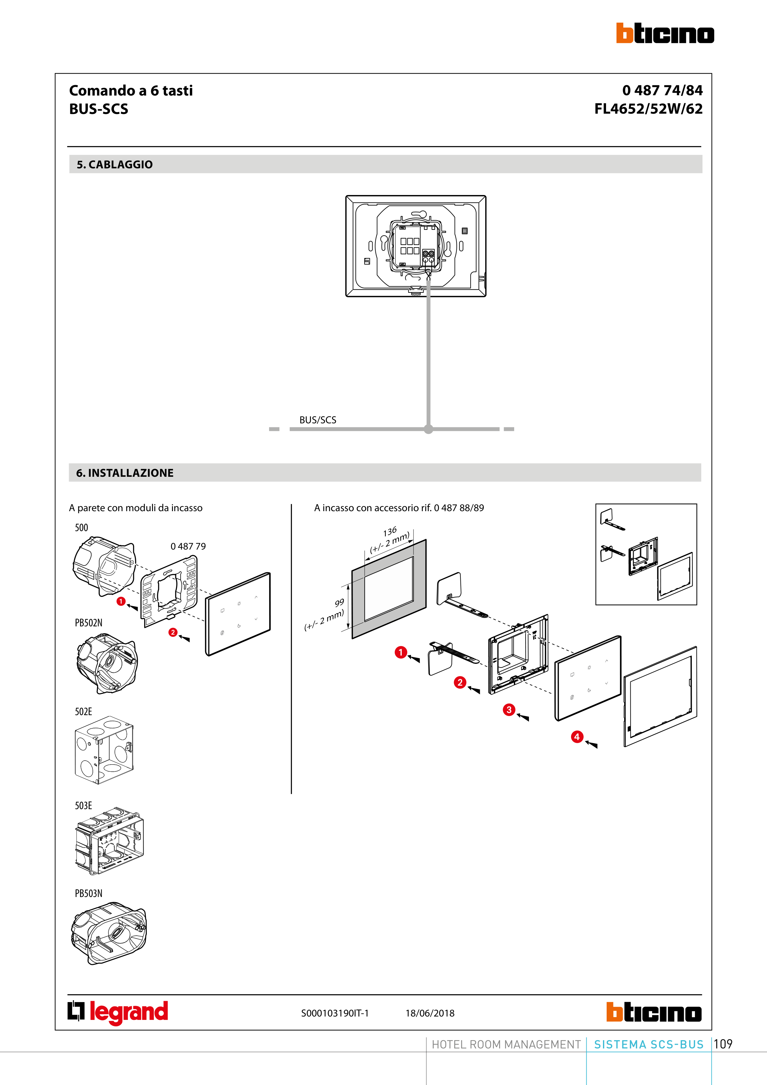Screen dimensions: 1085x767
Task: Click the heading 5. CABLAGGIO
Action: pyautogui.click(x=115, y=164)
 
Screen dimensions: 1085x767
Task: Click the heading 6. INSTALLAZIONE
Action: pyautogui.click(x=125, y=473)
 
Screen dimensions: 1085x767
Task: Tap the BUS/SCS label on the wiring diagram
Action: pyautogui.click(x=318, y=420)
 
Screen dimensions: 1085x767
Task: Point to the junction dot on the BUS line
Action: pyautogui.click(x=428, y=429)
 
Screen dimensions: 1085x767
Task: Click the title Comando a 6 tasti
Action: pyautogui.click(x=131, y=90)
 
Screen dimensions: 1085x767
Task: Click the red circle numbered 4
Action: pyautogui.click(x=577, y=737)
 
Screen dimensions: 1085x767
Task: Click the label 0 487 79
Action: pyautogui.click(x=188, y=546)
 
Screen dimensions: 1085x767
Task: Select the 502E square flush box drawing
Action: pyautogui.click(x=104, y=750)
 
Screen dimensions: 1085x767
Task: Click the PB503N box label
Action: pyautogui.click(x=88, y=893)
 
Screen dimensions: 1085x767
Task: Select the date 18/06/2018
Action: pyautogui.click(x=430, y=1013)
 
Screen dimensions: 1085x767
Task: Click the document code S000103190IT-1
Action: pyautogui.click(x=335, y=1013)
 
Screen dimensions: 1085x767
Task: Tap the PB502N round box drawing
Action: pyautogui.click(x=107, y=664)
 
